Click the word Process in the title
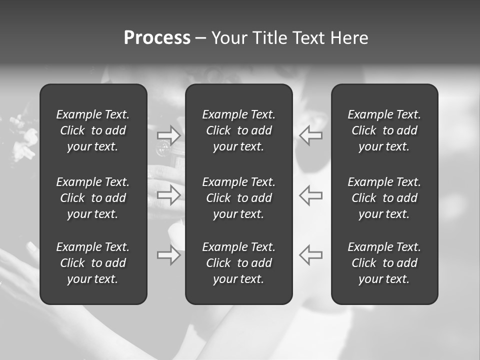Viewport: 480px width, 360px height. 157,38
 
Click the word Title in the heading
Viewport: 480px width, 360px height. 269,38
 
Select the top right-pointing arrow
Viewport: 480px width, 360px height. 169,135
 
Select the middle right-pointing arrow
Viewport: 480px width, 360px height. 169,195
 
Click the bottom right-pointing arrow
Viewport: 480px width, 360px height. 169,255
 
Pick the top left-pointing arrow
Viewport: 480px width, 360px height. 310,135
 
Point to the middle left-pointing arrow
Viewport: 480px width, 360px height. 310,195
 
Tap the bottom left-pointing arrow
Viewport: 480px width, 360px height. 310,255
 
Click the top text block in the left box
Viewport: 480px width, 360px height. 93,130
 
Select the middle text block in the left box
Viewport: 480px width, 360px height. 93,198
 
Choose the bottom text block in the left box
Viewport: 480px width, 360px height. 93,263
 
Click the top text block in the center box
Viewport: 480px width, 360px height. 238,130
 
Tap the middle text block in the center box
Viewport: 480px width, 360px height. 238,198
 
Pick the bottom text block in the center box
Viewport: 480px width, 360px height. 238,263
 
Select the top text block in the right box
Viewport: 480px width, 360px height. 384,130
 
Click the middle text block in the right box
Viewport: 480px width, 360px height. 384,198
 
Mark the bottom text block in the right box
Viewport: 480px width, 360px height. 384,263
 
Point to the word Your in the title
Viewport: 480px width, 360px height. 228,38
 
